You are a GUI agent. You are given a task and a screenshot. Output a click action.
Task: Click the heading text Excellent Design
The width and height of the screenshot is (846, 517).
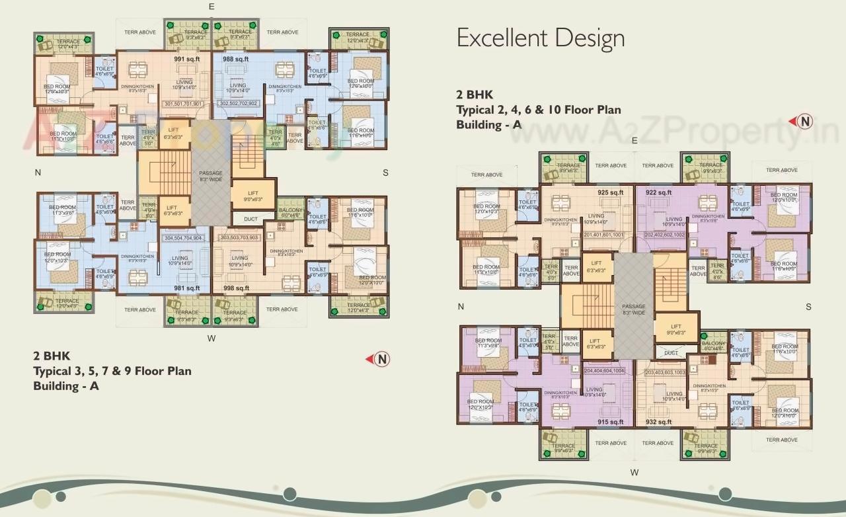[x=541, y=38]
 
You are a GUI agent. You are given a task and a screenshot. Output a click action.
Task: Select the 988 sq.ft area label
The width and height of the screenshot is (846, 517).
[x=235, y=59]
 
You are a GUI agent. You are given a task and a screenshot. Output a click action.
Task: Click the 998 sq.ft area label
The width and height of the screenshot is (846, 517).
[x=236, y=288]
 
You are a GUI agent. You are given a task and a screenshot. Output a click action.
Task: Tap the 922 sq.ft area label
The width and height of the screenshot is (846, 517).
[x=658, y=192]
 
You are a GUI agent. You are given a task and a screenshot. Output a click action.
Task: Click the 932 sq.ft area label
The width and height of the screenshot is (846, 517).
[x=659, y=422]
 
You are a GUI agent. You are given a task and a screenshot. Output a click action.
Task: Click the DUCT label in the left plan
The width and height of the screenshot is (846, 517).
[x=250, y=218]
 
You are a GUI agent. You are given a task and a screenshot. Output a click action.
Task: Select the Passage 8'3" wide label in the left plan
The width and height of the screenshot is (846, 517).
[x=211, y=176]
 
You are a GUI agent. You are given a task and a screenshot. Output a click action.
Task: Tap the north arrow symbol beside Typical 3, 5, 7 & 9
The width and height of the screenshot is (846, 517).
[x=381, y=359]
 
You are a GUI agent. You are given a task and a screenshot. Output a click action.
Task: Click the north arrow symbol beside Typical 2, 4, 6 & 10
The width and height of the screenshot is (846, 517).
[x=804, y=121]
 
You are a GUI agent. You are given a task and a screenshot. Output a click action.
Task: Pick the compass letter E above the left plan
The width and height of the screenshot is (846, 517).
[x=211, y=6]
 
